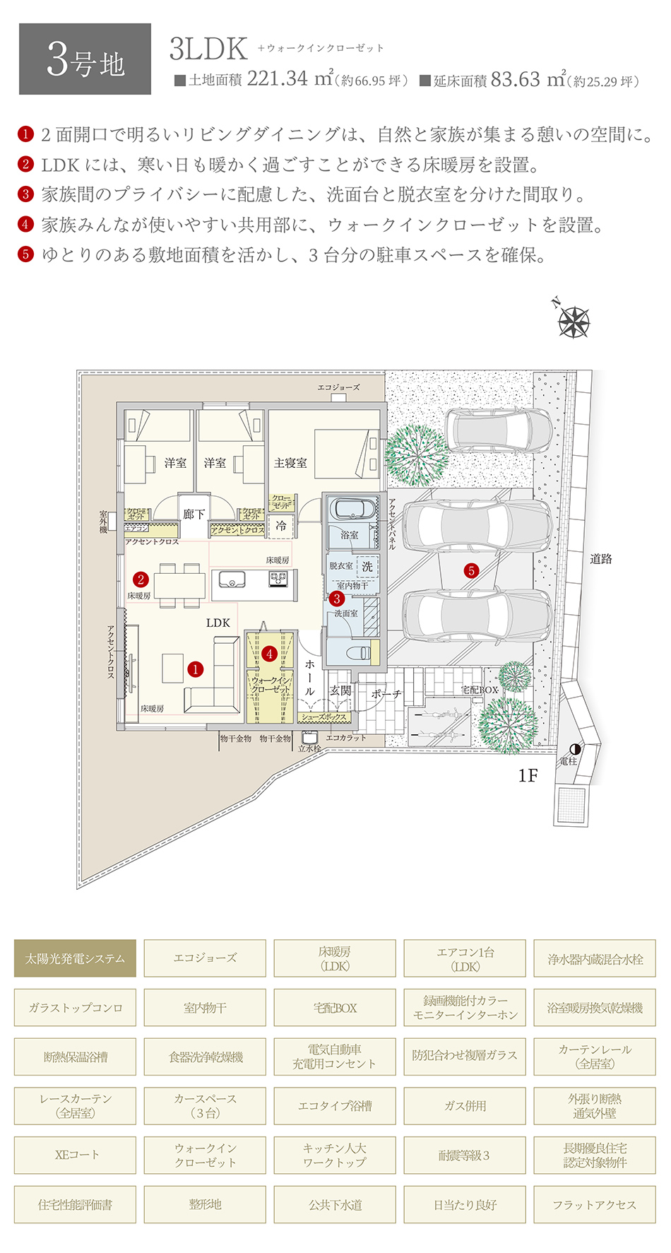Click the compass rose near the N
click(574, 322)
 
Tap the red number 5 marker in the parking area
click(471, 570)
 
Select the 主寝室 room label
click(290, 463)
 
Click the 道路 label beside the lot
click(601, 559)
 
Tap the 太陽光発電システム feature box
click(75, 958)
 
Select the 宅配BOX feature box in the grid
click(335, 1008)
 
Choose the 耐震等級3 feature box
click(465, 1155)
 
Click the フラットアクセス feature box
click(595, 1205)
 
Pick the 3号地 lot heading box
click(85, 59)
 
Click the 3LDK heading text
click(208, 49)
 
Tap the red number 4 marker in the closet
click(269, 654)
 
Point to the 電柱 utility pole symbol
click(575, 749)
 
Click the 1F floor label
click(528, 776)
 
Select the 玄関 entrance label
click(340, 690)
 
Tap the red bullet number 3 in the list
click(25, 194)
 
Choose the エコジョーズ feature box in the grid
click(205, 958)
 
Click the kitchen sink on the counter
click(230, 580)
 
